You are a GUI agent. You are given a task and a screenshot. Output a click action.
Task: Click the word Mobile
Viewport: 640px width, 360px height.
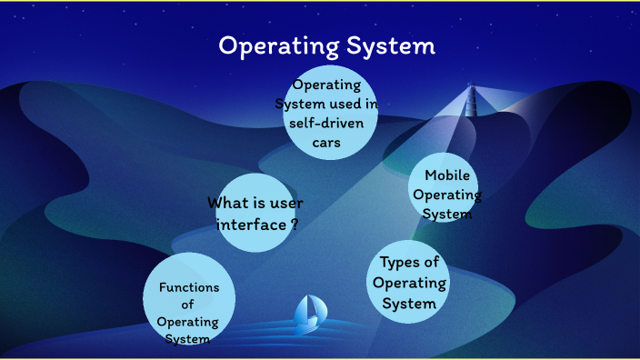click(x=446, y=175)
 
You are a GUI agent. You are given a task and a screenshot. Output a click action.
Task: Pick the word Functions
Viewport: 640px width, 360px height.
click(x=189, y=287)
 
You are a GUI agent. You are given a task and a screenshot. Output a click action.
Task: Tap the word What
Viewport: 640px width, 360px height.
click(x=228, y=203)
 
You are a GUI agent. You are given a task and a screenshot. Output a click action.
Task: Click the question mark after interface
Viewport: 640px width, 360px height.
click(x=295, y=223)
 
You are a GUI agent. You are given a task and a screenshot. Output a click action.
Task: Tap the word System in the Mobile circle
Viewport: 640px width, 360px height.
click(x=447, y=214)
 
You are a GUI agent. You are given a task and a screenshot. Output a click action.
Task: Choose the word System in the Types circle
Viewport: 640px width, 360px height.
click(x=409, y=303)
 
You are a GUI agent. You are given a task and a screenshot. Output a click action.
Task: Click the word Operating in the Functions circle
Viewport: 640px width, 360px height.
click(x=188, y=322)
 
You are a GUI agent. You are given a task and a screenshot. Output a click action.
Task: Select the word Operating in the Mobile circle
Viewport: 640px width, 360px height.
click(x=446, y=195)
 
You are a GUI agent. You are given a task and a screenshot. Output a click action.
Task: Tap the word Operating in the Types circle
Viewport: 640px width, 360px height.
click(x=409, y=283)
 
